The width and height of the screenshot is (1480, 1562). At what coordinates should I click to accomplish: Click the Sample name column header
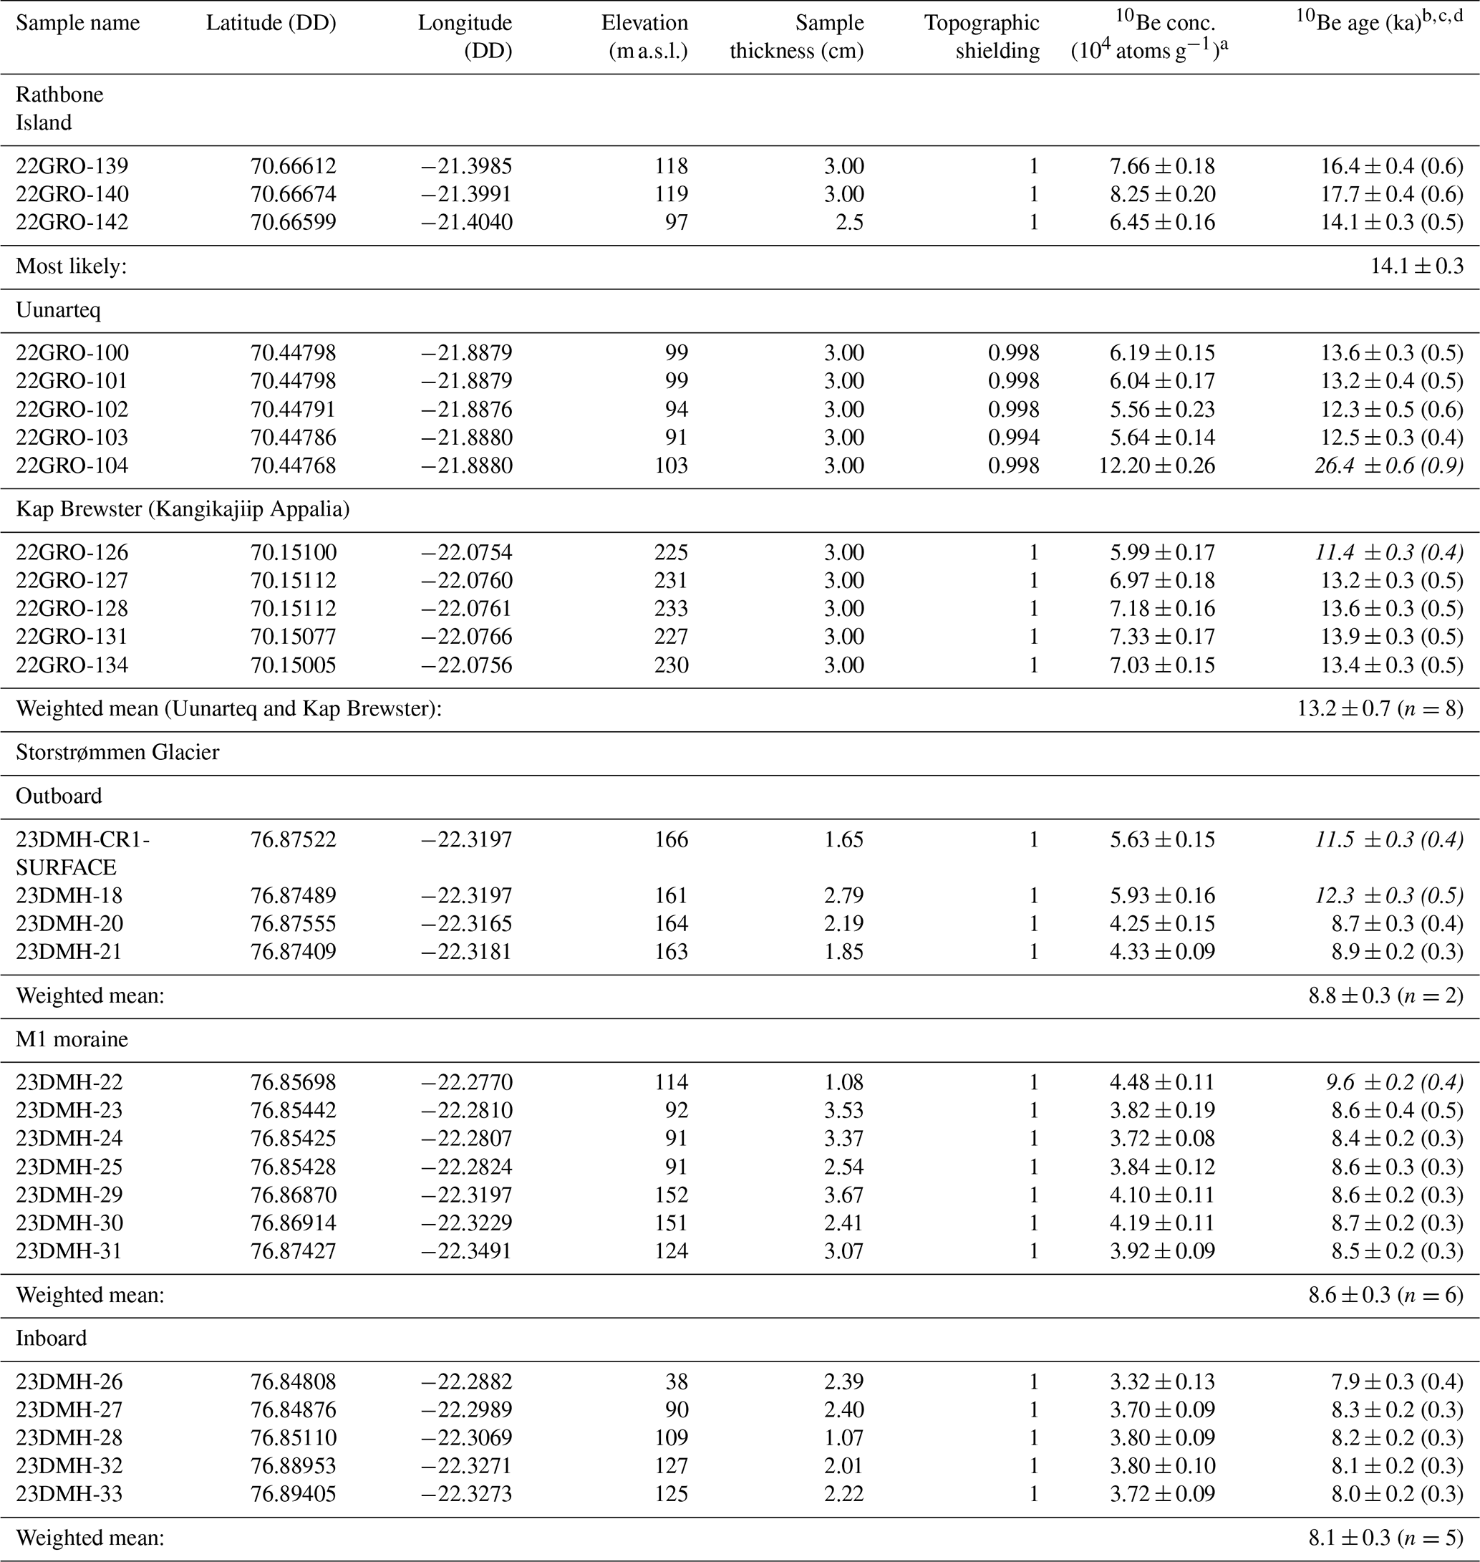pos(77,23)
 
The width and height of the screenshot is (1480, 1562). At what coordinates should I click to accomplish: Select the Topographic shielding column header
pos(982,37)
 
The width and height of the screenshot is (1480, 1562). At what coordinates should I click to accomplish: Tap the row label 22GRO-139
pos(72,165)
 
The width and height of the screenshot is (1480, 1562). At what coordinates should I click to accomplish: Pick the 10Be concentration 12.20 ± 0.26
pos(1156,466)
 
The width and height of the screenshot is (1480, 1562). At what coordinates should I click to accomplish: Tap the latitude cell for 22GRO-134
pos(294,665)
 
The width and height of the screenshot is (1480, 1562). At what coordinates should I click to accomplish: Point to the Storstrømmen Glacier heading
pos(117,752)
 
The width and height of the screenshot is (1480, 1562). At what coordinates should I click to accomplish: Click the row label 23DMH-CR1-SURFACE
pos(82,853)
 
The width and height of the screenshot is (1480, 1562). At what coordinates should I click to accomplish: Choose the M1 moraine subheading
pos(71,1039)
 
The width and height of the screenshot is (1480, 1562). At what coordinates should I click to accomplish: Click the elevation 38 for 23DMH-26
pos(677,1382)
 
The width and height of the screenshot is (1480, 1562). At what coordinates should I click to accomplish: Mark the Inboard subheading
pos(52,1338)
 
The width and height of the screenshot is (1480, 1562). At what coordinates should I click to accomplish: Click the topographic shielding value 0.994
pos(1014,438)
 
